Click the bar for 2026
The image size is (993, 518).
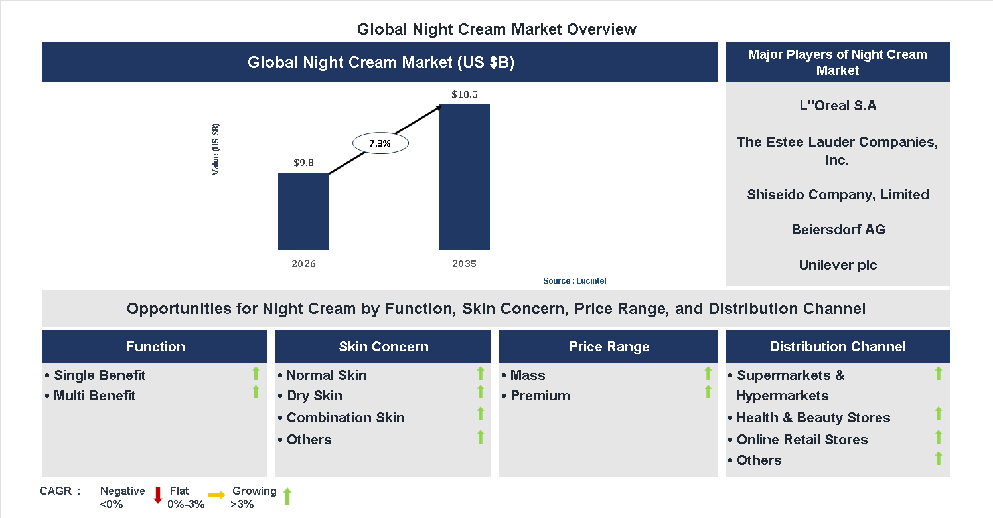[x=303, y=211]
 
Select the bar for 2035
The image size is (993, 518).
[x=465, y=177]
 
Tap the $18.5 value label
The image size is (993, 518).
[x=465, y=94]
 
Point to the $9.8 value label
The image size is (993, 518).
[x=303, y=162]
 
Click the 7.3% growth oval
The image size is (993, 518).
[x=380, y=143]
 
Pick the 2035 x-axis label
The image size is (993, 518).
[x=465, y=264]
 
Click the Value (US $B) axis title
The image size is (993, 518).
[x=216, y=149]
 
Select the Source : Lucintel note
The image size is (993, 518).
[x=575, y=281]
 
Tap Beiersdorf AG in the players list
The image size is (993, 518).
[x=838, y=230]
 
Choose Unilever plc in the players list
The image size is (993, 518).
[x=838, y=265]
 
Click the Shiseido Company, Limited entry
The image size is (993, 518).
[x=838, y=195]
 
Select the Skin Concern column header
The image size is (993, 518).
[x=383, y=347]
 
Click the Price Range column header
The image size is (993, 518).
[x=609, y=347]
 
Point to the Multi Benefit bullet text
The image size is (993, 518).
[x=94, y=396]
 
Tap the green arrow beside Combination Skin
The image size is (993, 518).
[x=481, y=414]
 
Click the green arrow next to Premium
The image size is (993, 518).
[x=708, y=392]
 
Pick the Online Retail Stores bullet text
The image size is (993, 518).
[x=802, y=440]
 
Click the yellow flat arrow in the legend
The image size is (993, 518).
[x=216, y=495]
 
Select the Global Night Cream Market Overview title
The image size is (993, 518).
[x=497, y=29]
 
